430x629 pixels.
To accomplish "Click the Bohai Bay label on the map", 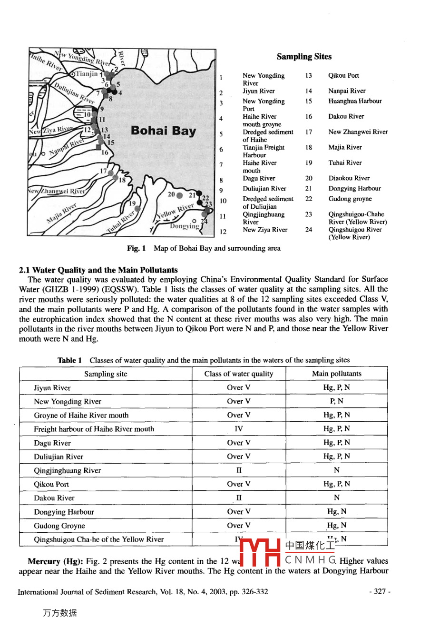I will tap(163, 131).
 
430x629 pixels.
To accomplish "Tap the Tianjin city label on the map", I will tap(86, 74).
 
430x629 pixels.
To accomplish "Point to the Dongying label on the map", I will tap(185, 226).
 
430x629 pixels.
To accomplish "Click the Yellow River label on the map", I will tap(174, 210).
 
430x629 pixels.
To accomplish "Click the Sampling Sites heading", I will tap(304, 57).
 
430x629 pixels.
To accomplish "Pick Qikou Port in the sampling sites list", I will tap(343, 76).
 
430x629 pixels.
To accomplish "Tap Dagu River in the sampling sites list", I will tap(259, 179).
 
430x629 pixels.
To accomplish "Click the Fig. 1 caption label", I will tap(137, 248).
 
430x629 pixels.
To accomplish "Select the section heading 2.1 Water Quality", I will tap(98, 270).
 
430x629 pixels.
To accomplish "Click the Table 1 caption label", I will tap(69, 360).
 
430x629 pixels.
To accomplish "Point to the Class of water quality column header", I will tap(239, 374).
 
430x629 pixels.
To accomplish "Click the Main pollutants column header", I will tap(336, 374).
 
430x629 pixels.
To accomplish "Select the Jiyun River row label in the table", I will tap(52, 388).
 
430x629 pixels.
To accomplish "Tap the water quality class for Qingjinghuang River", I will tap(239, 470).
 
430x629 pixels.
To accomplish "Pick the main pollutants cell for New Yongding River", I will tap(336, 402).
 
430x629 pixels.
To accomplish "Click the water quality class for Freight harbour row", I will tap(239, 429).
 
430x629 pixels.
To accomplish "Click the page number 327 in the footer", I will tap(380, 592).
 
